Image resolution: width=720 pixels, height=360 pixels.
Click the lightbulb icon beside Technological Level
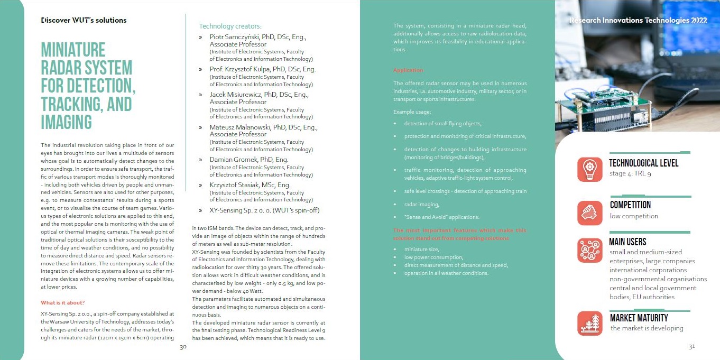[x=589, y=169]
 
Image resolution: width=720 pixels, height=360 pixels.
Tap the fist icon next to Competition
[x=589, y=213]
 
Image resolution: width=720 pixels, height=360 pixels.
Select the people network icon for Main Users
[x=589, y=250]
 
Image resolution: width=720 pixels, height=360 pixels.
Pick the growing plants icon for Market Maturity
[x=589, y=323]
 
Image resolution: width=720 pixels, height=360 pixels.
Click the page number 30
[x=183, y=347]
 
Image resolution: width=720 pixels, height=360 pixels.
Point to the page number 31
[x=691, y=347]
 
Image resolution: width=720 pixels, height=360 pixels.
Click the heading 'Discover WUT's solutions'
[x=84, y=21]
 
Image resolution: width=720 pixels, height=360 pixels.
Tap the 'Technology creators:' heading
[x=230, y=26]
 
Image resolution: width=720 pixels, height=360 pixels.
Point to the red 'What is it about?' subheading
[x=63, y=302]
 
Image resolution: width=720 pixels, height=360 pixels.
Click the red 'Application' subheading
[x=408, y=70]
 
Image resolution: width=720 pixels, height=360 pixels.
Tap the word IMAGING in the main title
[x=66, y=122]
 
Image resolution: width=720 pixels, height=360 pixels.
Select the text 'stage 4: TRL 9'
[x=630, y=173]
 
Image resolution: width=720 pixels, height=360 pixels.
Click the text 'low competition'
[x=634, y=216]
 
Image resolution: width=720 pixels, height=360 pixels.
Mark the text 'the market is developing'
[x=647, y=328]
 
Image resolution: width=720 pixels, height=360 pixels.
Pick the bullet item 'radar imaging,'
[x=421, y=204]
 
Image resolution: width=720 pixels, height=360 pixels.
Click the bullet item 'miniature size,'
[x=421, y=249]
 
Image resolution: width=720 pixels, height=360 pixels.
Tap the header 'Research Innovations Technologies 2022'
[x=638, y=21]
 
